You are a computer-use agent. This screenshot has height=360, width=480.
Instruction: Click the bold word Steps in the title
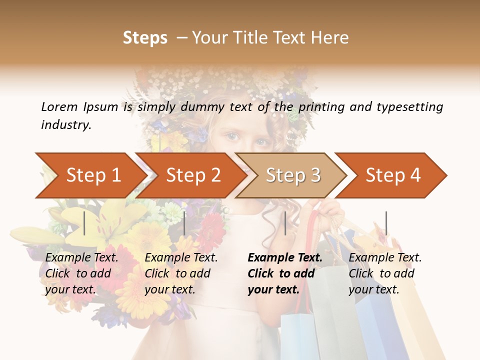[x=145, y=38]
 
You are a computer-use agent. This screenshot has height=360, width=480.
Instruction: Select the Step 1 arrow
[x=90, y=175]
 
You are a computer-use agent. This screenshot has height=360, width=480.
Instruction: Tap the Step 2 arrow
[x=190, y=175]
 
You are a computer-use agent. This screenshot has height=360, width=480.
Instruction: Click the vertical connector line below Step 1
[x=84, y=223]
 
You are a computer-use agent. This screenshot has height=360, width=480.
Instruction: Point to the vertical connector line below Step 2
[x=184, y=223]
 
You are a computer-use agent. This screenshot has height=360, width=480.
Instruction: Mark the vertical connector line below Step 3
[x=285, y=223]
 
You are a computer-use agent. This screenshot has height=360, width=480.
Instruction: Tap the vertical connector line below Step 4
[x=386, y=223]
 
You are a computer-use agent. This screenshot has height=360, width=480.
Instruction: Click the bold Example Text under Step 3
[x=285, y=273]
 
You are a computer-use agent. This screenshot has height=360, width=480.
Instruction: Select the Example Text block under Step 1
[x=81, y=273]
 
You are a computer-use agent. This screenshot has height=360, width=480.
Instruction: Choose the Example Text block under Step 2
[x=181, y=273]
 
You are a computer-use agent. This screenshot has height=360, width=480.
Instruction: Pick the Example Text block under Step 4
[x=385, y=273]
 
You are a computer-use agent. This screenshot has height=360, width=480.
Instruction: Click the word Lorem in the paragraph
[x=59, y=106]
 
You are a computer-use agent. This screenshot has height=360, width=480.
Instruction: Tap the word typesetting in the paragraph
[x=409, y=107]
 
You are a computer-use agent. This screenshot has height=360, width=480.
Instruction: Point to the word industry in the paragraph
[x=65, y=125]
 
